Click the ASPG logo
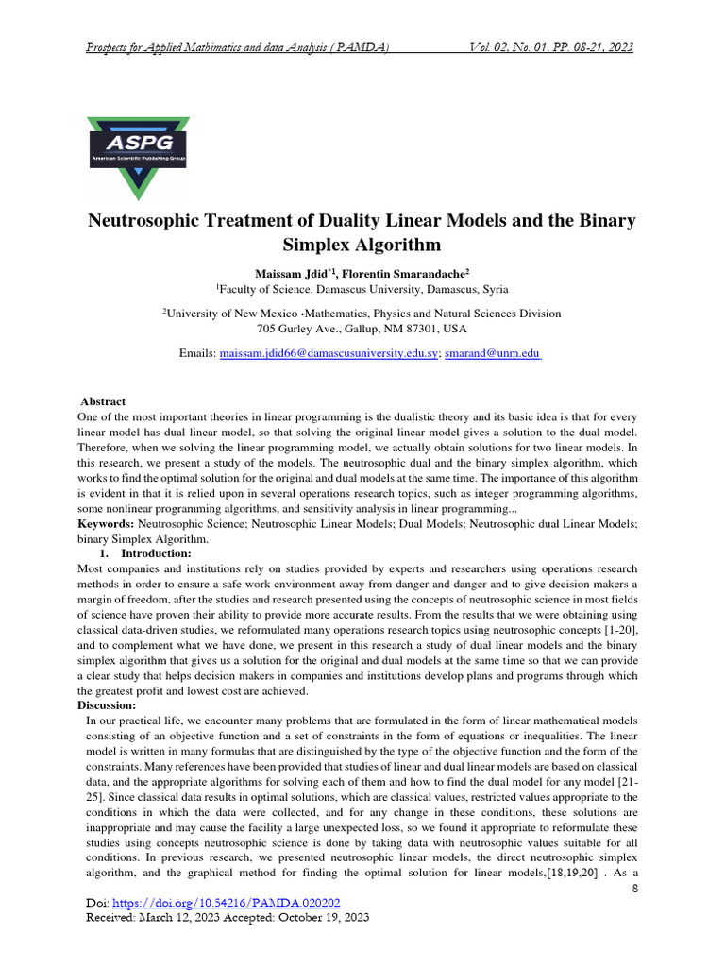[x=138, y=157]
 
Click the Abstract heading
[x=103, y=401]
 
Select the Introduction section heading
[x=156, y=553]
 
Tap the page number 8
[x=633, y=889]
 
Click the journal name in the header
[x=237, y=47]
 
